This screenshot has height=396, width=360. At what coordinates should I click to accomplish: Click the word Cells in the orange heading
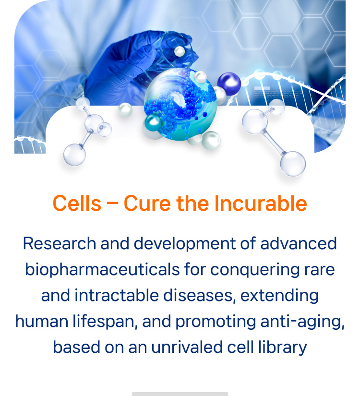point(77,204)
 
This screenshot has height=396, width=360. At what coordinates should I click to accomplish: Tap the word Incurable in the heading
point(261,204)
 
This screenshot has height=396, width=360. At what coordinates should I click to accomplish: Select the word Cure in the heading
point(147,204)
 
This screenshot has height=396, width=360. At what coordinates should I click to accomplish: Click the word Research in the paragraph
point(60,243)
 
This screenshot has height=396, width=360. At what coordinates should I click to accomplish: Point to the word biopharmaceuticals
point(102,270)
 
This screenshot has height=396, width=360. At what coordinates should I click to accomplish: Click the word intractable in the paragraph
point(117,296)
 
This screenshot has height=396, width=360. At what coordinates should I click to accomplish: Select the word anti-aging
point(302,322)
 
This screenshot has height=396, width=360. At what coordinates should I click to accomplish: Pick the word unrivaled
point(187,347)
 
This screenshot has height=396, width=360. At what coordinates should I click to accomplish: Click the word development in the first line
point(185,244)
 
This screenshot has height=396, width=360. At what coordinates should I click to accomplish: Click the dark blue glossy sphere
point(229,84)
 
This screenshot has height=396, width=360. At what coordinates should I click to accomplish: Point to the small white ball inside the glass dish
point(180,51)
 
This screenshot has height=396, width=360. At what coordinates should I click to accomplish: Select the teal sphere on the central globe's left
point(153,123)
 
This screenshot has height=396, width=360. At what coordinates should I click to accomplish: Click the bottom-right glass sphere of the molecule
point(293,164)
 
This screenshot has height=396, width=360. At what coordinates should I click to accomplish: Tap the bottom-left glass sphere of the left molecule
point(74,155)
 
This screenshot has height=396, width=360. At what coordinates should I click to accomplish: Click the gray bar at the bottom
point(180,394)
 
